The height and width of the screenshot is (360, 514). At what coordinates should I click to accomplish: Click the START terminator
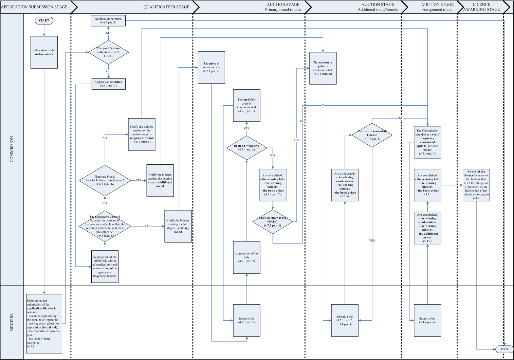[44, 21]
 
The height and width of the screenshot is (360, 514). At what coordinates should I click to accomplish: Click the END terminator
[504, 349]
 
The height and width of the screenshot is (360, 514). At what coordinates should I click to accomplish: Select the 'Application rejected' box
[108, 21]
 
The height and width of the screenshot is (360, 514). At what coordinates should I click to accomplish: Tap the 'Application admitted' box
[108, 84]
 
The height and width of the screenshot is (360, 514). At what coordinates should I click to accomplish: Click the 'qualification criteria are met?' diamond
[108, 52]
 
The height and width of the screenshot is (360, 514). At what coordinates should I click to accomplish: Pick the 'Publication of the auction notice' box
[44, 52]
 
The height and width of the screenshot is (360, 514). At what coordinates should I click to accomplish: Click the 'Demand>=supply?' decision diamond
[246, 148]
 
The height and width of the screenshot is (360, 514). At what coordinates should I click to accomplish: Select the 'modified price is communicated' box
[246, 105]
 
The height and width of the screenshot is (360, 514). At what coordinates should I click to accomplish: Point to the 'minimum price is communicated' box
[323, 68]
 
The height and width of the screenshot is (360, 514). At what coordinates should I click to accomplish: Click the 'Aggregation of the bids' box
[246, 257]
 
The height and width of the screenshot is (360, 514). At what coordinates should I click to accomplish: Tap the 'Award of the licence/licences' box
[476, 185]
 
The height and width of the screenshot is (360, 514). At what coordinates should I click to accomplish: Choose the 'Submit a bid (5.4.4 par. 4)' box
[427, 320]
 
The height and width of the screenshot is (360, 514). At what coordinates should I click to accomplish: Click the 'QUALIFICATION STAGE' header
[166, 7]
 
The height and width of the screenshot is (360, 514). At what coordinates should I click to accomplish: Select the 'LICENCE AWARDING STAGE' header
[481, 7]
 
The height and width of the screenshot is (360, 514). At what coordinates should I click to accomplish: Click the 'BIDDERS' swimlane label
[12, 322]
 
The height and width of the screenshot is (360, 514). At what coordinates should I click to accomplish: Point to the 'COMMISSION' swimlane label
[12, 149]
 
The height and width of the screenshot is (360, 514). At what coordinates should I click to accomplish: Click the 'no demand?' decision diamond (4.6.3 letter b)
[105, 180]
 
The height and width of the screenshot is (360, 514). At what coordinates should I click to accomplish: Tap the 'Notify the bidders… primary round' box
[178, 226]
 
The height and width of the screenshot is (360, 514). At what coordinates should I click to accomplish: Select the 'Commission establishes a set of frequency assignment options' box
[427, 142]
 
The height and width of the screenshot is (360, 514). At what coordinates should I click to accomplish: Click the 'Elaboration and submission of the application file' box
[44, 323]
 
